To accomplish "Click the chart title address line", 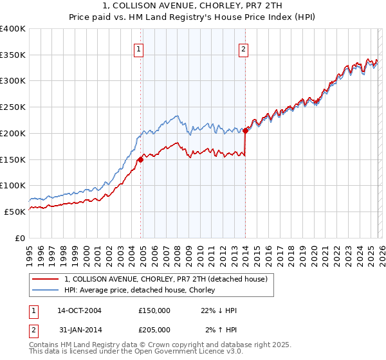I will (x=193, y=6).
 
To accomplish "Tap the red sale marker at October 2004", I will (x=141, y=159).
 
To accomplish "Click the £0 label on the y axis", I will (x=20, y=237).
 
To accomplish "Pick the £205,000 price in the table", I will (x=154, y=330).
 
